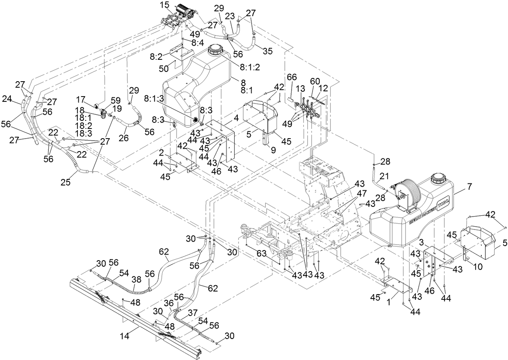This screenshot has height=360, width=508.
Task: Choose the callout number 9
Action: (273, 150)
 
